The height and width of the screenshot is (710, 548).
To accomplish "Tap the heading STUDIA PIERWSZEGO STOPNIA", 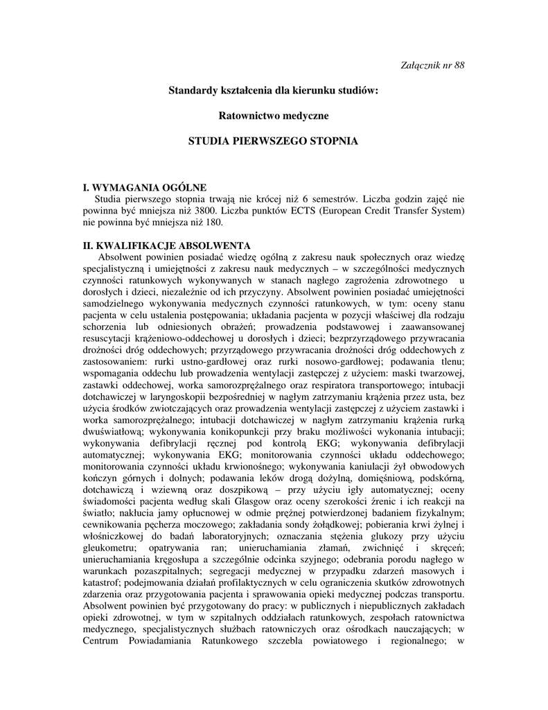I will pos(274,141).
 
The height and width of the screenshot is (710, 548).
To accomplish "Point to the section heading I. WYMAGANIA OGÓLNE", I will pos(144,187).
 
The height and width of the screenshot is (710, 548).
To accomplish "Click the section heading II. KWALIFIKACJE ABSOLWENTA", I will pos(166,245).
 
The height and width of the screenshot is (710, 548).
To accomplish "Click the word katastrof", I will pos(103,583).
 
